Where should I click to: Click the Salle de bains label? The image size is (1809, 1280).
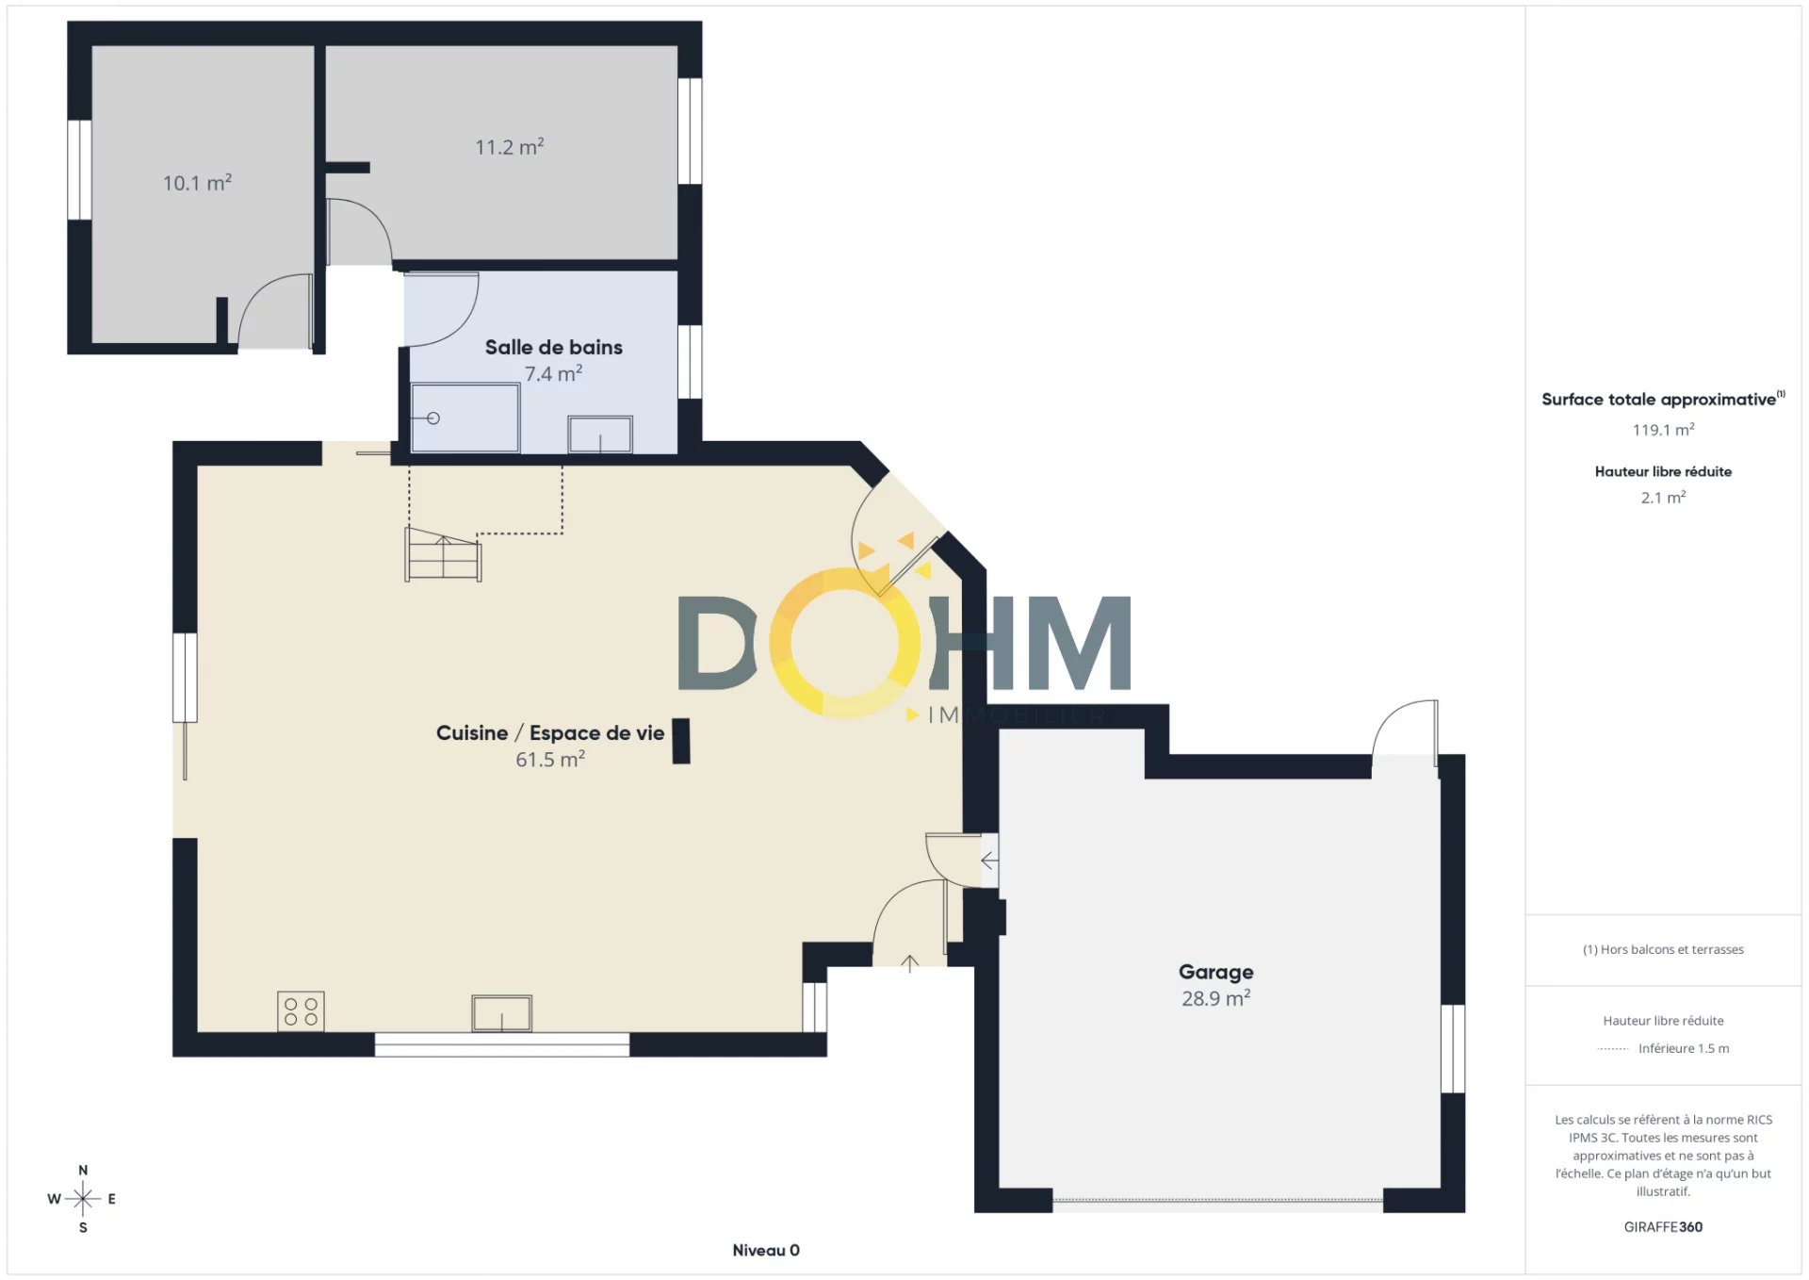[553, 347]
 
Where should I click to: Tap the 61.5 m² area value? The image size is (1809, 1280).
[550, 759]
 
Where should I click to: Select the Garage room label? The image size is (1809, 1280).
[1215, 972]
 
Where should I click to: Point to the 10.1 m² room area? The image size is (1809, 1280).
[197, 182]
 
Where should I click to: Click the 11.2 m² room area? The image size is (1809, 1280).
[509, 146]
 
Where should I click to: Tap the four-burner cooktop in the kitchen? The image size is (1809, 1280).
[301, 1011]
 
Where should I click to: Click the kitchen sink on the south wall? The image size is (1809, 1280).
[501, 1013]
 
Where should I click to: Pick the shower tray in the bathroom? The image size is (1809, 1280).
[464, 418]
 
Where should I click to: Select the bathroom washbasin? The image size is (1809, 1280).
[600, 435]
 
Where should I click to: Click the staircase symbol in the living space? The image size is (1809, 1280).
[443, 555]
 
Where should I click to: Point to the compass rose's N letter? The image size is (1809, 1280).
[83, 1170]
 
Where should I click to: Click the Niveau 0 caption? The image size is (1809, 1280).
[766, 1250]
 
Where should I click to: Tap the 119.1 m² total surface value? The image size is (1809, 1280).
[1663, 430]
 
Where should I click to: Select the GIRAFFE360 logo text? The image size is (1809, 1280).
[1663, 1226]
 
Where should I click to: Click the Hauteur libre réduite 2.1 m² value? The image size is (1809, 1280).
[1663, 497]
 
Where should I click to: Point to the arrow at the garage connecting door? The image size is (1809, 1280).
[989, 861]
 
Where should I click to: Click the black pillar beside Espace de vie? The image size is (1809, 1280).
[681, 741]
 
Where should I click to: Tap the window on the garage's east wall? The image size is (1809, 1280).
[1453, 1048]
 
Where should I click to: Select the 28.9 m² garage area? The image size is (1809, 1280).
[1215, 998]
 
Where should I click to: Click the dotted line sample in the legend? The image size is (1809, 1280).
[1613, 1048]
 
